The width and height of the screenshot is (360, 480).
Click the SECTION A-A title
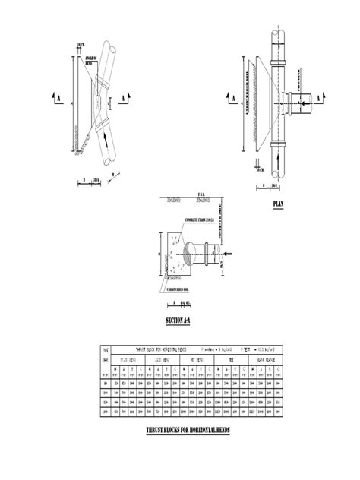pos(178,321)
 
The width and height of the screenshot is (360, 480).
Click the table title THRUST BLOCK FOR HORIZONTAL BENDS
pos(162,346)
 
